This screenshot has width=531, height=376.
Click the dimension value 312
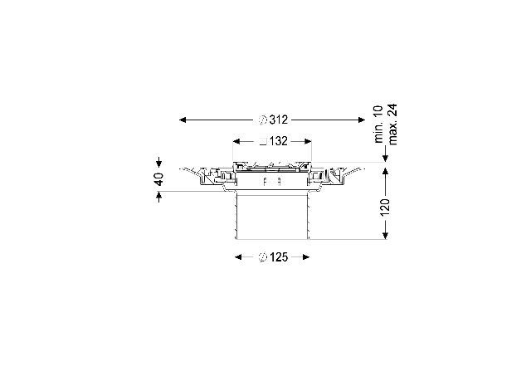tap(279, 120)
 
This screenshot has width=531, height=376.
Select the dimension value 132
tap(279, 141)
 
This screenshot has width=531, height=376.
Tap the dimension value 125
tap(279, 257)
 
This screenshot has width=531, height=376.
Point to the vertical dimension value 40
tap(158, 178)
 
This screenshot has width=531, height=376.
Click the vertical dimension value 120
tap(385, 208)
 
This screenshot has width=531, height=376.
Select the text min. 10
tap(378, 125)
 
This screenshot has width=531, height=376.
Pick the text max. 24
tap(392, 125)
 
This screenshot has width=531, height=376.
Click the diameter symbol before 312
tap(263, 120)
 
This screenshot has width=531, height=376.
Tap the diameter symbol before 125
tap(263, 257)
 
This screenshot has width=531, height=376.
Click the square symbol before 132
tap(264, 142)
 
